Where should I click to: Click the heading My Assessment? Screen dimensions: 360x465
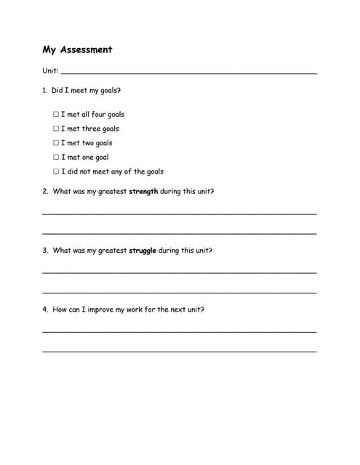[77, 50]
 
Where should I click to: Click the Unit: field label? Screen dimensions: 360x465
[50, 71]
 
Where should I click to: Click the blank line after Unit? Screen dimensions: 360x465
[189, 73]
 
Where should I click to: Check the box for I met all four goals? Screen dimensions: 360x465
[56, 114]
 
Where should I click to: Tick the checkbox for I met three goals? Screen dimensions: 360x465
[56, 129]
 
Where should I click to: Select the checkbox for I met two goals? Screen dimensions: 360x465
[56, 143]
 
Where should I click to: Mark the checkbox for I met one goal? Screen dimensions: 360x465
[56, 157]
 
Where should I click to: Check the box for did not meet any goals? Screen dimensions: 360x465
[56, 171]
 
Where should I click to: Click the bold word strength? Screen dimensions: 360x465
[143, 192]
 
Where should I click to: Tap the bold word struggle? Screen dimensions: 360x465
[143, 251]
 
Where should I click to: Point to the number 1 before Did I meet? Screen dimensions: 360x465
[44, 91]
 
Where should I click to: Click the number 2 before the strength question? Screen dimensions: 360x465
[44, 192]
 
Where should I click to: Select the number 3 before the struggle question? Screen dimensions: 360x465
[44, 251]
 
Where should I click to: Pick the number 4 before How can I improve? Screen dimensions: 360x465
[44, 310]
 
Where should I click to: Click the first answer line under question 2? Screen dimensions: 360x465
[180, 214]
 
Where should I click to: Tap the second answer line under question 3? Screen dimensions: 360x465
[180, 292]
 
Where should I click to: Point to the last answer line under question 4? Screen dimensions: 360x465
[180, 351]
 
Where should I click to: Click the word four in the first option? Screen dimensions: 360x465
[99, 114]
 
